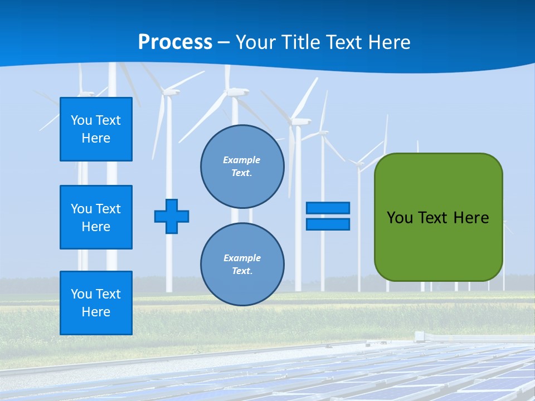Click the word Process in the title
point(175,42)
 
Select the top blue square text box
point(96,129)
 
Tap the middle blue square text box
point(96,217)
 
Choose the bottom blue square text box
point(96,303)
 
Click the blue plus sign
point(172,216)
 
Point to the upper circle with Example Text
point(242,167)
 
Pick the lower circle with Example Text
point(242,265)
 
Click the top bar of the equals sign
point(328,208)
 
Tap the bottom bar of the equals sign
point(328,224)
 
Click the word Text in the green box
point(432,218)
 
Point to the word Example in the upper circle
point(242,160)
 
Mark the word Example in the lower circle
point(242,258)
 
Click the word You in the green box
point(399,218)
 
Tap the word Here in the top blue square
point(96,139)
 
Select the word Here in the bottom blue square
point(96,312)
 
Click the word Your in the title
point(255,42)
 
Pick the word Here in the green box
point(471,218)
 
